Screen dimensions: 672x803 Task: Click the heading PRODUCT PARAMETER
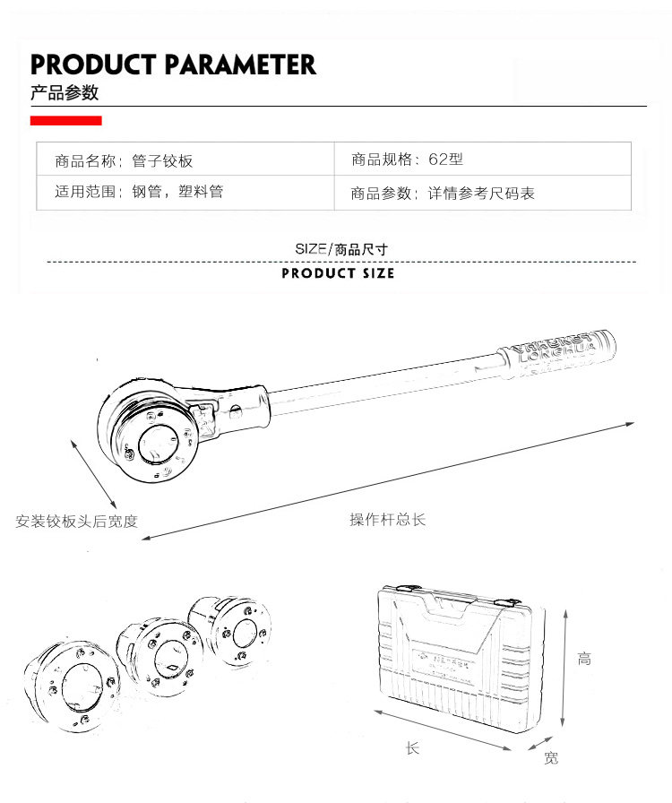point(173,65)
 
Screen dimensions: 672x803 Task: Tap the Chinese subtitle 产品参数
point(64,93)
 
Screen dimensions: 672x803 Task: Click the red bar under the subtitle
point(65,120)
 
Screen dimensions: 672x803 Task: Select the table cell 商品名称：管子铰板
point(124,161)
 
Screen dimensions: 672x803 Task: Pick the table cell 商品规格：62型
point(407,160)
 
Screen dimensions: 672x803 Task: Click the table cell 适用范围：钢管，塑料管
point(139,191)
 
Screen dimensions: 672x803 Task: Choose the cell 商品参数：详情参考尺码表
point(443,193)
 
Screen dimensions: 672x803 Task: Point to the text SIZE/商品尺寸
point(341,249)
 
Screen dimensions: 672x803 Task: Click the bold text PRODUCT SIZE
point(338,273)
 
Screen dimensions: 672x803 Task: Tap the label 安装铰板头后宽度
point(77,521)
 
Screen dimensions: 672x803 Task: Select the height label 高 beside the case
point(584,659)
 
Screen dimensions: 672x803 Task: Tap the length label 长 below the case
point(412,747)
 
